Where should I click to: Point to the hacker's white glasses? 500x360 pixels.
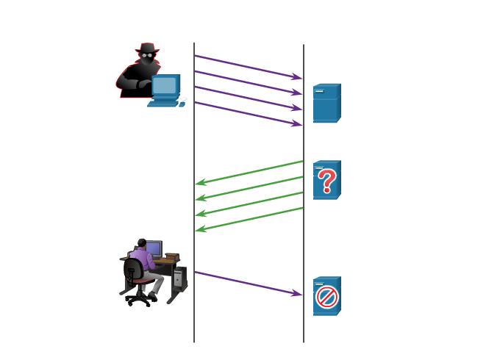point(148,56)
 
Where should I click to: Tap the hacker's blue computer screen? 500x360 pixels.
point(164,86)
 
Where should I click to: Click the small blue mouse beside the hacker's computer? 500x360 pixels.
point(183,100)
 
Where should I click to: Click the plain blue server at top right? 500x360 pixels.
point(326,104)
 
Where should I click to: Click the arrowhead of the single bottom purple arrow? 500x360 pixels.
point(297,294)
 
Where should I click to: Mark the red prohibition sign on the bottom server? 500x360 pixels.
point(326,297)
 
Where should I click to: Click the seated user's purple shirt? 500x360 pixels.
point(145,259)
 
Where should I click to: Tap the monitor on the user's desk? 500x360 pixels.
point(154,248)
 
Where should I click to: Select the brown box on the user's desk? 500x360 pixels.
point(172,256)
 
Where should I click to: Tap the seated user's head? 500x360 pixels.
point(141,243)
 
